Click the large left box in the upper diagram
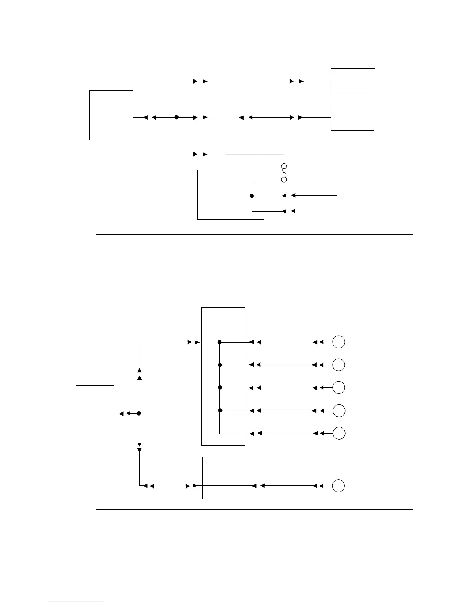(x=111, y=115)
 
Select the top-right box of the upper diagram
(x=353, y=81)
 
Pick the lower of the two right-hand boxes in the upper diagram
(x=352, y=118)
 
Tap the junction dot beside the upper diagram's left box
(x=177, y=117)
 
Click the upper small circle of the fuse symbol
(x=284, y=167)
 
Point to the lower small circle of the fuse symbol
(x=284, y=180)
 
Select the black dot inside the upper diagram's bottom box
(x=252, y=196)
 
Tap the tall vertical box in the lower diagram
(x=223, y=376)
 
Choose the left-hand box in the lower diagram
(x=95, y=414)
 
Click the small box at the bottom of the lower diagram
(x=225, y=478)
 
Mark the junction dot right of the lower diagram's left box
(x=139, y=413)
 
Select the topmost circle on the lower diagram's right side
(x=339, y=342)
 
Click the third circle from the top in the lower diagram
(x=339, y=388)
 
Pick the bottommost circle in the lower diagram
(x=339, y=486)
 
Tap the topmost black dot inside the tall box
(x=220, y=342)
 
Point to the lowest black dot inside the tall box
(x=220, y=411)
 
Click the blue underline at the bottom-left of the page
(x=76, y=602)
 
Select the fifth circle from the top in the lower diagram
(x=339, y=433)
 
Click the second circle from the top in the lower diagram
(x=339, y=365)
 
